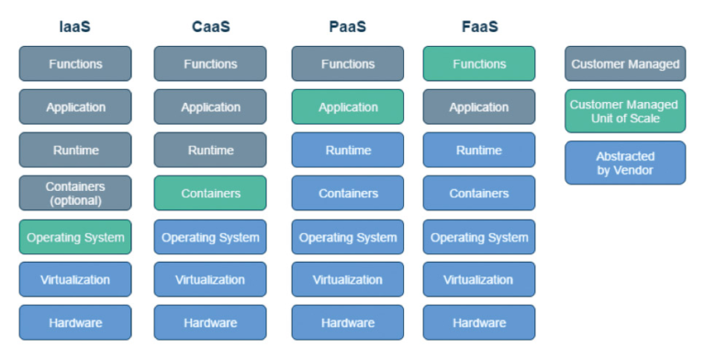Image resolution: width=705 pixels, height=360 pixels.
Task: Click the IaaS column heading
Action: click(x=75, y=26)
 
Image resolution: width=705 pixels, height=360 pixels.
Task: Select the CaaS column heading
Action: click(x=210, y=26)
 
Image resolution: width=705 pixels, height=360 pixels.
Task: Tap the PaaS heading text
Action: click(x=347, y=26)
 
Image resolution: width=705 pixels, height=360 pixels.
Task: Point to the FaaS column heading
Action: click(x=479, y=26)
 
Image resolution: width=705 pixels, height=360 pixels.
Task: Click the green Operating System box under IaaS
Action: click(x=75, y=237)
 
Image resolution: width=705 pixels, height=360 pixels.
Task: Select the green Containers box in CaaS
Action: click(x=210, y=193)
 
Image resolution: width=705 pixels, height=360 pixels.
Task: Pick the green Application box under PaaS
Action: click(x=347, y=107)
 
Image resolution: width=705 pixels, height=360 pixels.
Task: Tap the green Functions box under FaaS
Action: click(x=479, y=64)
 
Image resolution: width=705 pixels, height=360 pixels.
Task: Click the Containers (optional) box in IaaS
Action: click(x=75, y=193)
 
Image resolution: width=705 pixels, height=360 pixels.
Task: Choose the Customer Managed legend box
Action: click(x=624, y=64)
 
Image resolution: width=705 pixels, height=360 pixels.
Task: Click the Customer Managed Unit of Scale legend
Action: click(x=624, y=111)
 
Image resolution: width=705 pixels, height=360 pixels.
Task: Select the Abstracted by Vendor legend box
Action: click(x=624, y=163)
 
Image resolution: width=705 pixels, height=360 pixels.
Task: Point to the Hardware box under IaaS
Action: click(x=75, y=322)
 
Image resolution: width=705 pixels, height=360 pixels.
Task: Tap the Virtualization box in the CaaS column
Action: click(x=210, y=279)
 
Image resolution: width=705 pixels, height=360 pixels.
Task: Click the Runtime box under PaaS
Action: click(x=347, y=150)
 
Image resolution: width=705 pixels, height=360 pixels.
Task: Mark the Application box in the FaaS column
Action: click(x=479, y=107)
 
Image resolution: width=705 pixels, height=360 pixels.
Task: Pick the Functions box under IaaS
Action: click(x=75, y=64)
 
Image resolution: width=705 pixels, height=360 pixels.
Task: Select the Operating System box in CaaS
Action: click(x=210, y=237)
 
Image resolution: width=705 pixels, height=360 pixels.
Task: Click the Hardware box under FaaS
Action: click(x=479, y=322)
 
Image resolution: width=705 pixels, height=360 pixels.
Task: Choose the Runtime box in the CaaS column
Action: click(x=210, y=150)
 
